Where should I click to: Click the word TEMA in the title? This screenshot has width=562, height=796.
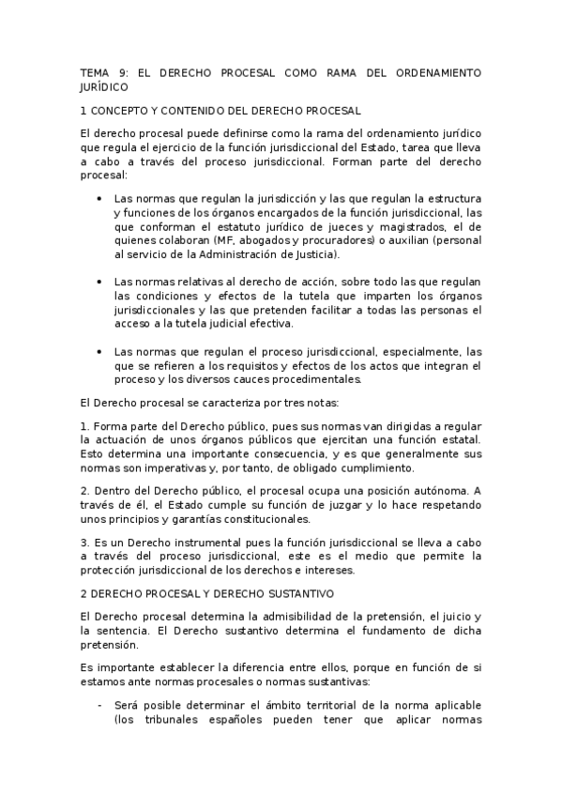pos(95,71)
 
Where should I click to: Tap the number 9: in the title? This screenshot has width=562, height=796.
pos(126,71)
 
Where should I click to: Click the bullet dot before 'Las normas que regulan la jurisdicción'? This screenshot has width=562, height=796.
pos(99,199)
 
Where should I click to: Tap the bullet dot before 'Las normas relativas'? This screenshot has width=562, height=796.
pos(99,282)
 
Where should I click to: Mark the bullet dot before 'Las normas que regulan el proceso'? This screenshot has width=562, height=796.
pos(99,351)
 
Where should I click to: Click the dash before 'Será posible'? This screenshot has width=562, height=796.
pos(99,704)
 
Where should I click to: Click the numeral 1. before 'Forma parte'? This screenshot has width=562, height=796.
pos(85,427)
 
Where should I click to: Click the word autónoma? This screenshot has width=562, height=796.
pos(443,491)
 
